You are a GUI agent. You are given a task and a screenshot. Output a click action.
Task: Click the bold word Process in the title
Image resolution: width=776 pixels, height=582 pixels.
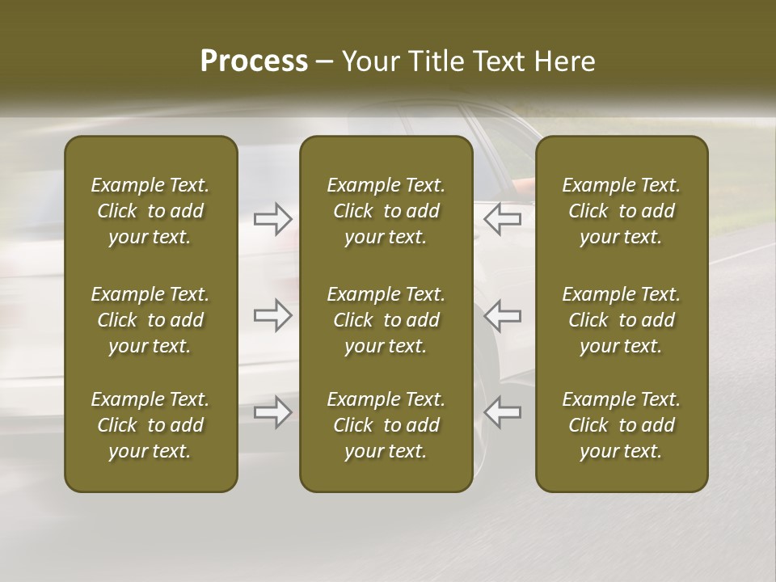click(254, 61)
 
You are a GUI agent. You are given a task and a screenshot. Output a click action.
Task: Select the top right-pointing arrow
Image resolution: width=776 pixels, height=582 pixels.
click(272, 218)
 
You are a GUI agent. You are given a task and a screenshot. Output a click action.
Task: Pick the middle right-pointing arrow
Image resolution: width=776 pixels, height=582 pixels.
click(272, 315)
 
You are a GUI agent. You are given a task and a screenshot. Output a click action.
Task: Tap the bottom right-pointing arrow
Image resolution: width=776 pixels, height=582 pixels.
click(272, 412)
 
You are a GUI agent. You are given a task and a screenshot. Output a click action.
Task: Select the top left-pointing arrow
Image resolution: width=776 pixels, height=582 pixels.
click(502, 218)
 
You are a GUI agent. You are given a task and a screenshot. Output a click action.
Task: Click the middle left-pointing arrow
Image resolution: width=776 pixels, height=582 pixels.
click(502, 315)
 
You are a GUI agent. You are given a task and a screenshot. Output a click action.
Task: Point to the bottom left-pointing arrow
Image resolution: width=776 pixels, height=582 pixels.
click(502, 412)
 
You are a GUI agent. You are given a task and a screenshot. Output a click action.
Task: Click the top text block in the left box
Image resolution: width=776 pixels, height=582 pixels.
click(150, 211)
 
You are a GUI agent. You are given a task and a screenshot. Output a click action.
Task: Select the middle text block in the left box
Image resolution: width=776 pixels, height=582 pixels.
click(150, 320)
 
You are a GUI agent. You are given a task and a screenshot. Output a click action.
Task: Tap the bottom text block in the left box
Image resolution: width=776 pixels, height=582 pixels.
click(150, 425)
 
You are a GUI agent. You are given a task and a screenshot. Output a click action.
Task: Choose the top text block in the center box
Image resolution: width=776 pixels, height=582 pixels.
click(386, 211)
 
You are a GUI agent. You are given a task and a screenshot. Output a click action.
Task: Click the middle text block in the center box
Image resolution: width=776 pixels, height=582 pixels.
click(386, 320)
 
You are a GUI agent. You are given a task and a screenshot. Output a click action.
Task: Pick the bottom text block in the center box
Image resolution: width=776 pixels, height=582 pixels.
click(386, 425)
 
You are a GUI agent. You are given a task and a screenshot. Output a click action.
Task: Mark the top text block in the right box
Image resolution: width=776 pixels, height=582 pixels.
click(621, 211)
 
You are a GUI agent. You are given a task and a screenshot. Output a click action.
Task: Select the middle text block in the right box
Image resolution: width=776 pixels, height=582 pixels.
click(621, 320)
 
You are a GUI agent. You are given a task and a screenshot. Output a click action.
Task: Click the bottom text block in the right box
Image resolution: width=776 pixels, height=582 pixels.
click(621, 425)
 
